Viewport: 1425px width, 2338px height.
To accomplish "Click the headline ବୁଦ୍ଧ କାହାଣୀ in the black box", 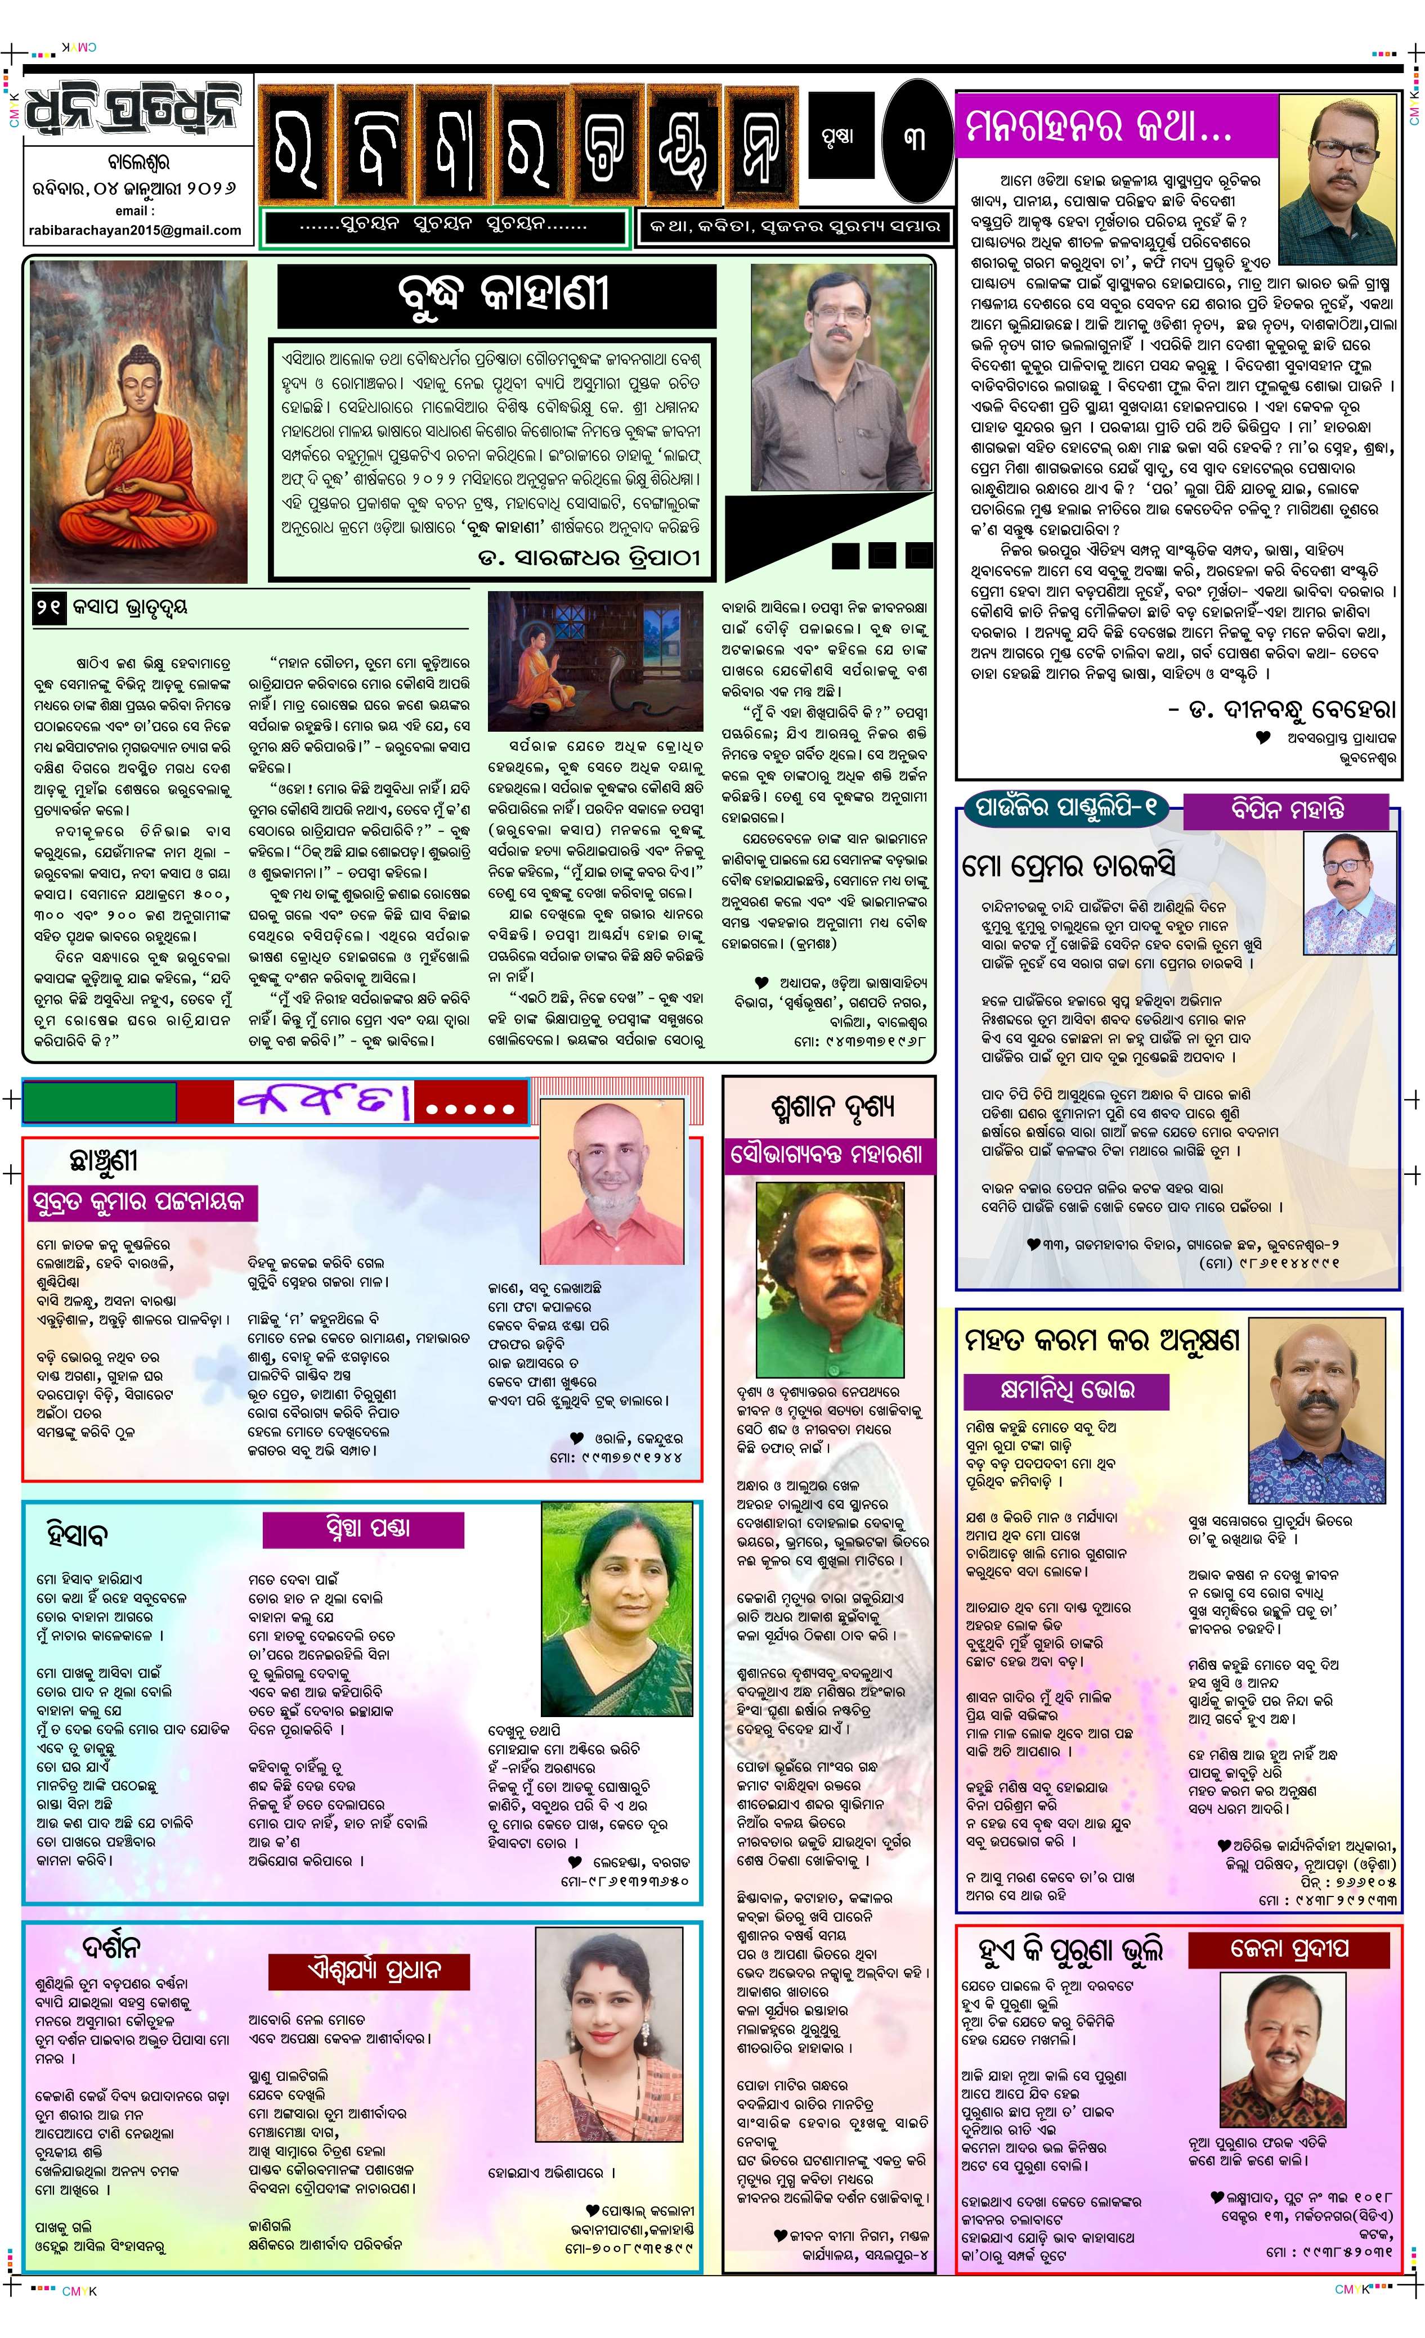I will (496, 295).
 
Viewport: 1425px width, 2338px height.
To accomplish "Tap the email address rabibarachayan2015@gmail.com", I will (136, 229).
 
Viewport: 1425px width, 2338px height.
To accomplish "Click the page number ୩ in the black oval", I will (913, 138).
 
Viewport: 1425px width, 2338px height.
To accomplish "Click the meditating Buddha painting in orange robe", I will (138, 422).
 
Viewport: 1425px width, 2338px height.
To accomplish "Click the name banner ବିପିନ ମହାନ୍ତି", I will (1287, 809).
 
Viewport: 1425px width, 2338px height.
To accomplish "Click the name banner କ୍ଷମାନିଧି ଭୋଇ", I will (1066, 1390).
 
